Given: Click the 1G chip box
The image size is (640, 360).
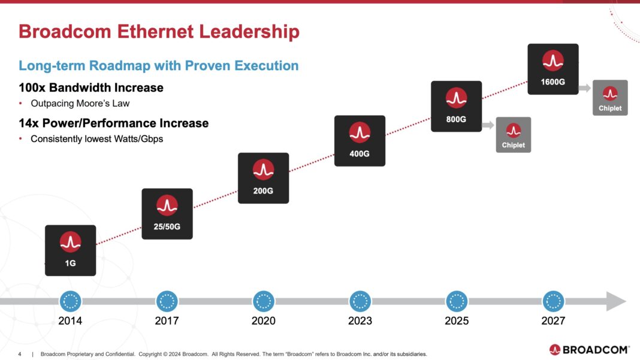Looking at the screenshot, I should [x=70, y=250].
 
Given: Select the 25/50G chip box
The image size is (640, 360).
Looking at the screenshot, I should [x=167, y=214].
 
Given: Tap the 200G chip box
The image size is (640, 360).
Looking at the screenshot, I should [x=263, y=178].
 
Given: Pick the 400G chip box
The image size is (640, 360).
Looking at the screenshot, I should [x=360, y=141].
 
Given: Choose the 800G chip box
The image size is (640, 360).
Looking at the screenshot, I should [x=456, y=106].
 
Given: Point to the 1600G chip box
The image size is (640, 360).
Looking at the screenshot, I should [x=553, y=69].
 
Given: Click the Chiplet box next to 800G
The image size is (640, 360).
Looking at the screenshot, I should [x=513, y=135].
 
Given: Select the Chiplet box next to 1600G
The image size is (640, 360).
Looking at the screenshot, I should [x=609, y=98].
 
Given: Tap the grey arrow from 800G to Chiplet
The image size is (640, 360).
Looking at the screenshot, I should [x=488, y=125].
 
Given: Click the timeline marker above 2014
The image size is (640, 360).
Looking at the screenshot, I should [x=70, y=301].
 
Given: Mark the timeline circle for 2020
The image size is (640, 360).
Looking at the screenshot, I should [x=263, y=301].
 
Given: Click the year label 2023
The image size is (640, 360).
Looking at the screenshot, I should [x=360, y=321].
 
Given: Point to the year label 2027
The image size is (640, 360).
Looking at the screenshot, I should [x=553, y=321].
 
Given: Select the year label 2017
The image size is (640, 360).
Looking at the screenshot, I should [x=167, y=321].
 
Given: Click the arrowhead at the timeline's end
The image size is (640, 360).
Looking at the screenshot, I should [x=616, y=301].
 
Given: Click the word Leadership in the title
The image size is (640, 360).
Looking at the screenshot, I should [x=247, y=31].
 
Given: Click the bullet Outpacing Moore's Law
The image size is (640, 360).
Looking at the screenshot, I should [x=80, y=104].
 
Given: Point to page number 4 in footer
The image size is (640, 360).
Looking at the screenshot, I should [x=20, y=354].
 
